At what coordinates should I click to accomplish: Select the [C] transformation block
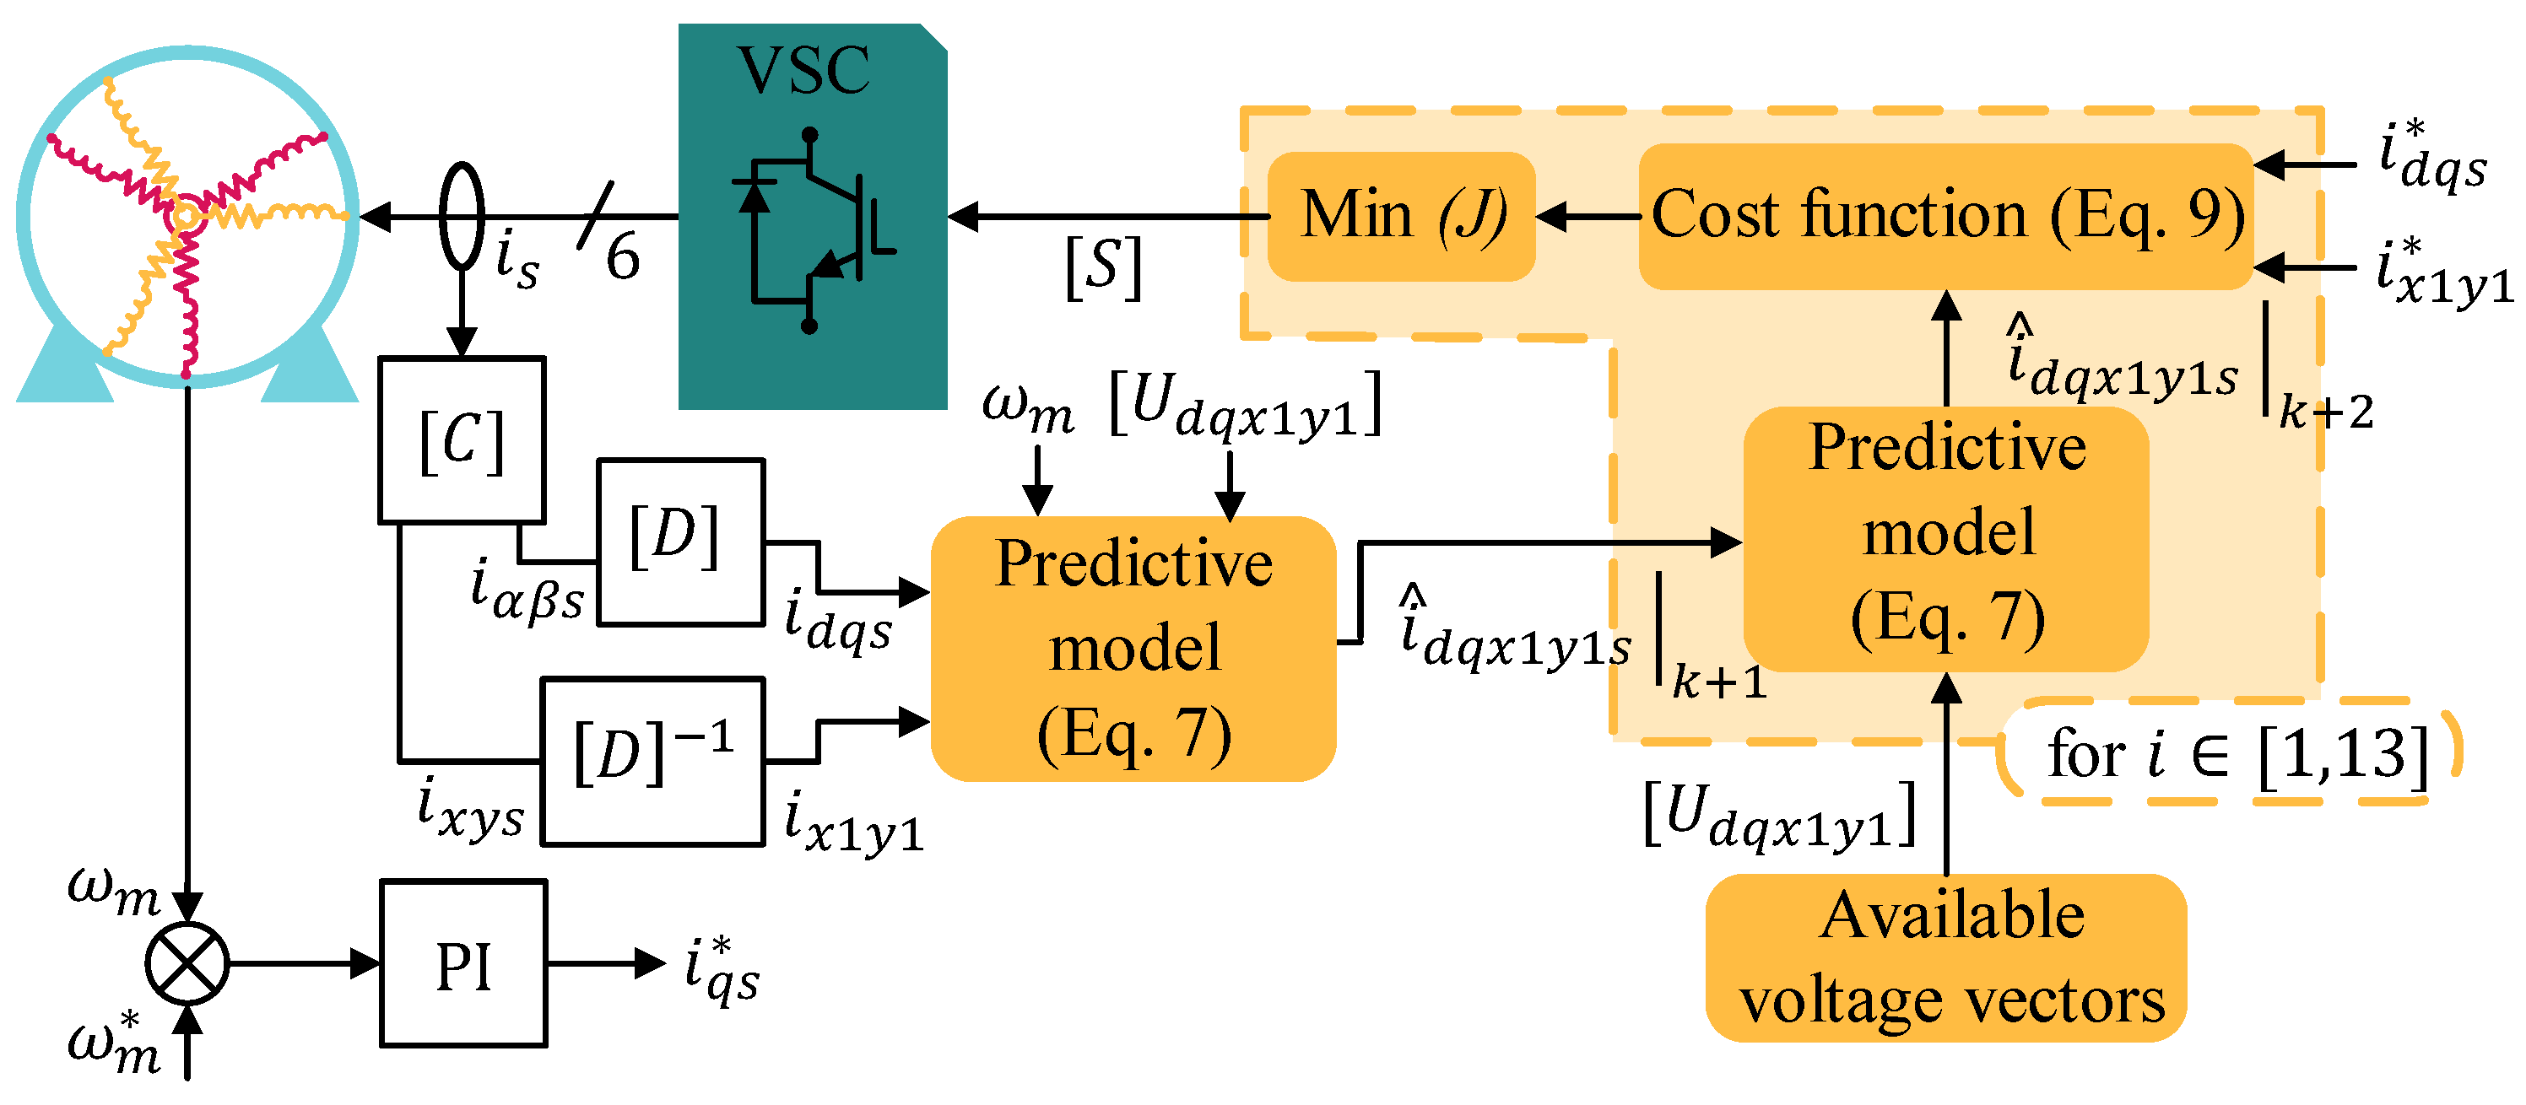click(x=462, y=439)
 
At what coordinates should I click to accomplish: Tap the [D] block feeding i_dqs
click(x=680, y=542)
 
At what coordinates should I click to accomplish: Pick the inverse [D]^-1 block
click(x=653, y=761)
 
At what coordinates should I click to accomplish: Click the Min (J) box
click(x=1401, y=217)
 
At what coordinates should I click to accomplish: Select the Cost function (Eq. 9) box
click(x=1945, y=217)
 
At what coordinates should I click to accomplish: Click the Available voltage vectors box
click(x=1945, y=957)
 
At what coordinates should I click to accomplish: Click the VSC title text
click(x=803, y=71)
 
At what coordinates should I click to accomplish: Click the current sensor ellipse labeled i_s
click(x=461, y=216)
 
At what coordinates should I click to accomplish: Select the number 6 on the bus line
click(x=623, y=257)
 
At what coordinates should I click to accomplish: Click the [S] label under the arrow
click(x=1104, y=267)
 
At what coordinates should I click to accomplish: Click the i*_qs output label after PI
click(x=722, y=971)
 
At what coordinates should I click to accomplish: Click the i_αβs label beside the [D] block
click(x=527, y=591)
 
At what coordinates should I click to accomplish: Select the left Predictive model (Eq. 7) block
click(x=1133, y=648)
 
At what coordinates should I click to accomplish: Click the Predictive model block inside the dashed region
click(x=1945, y=538)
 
